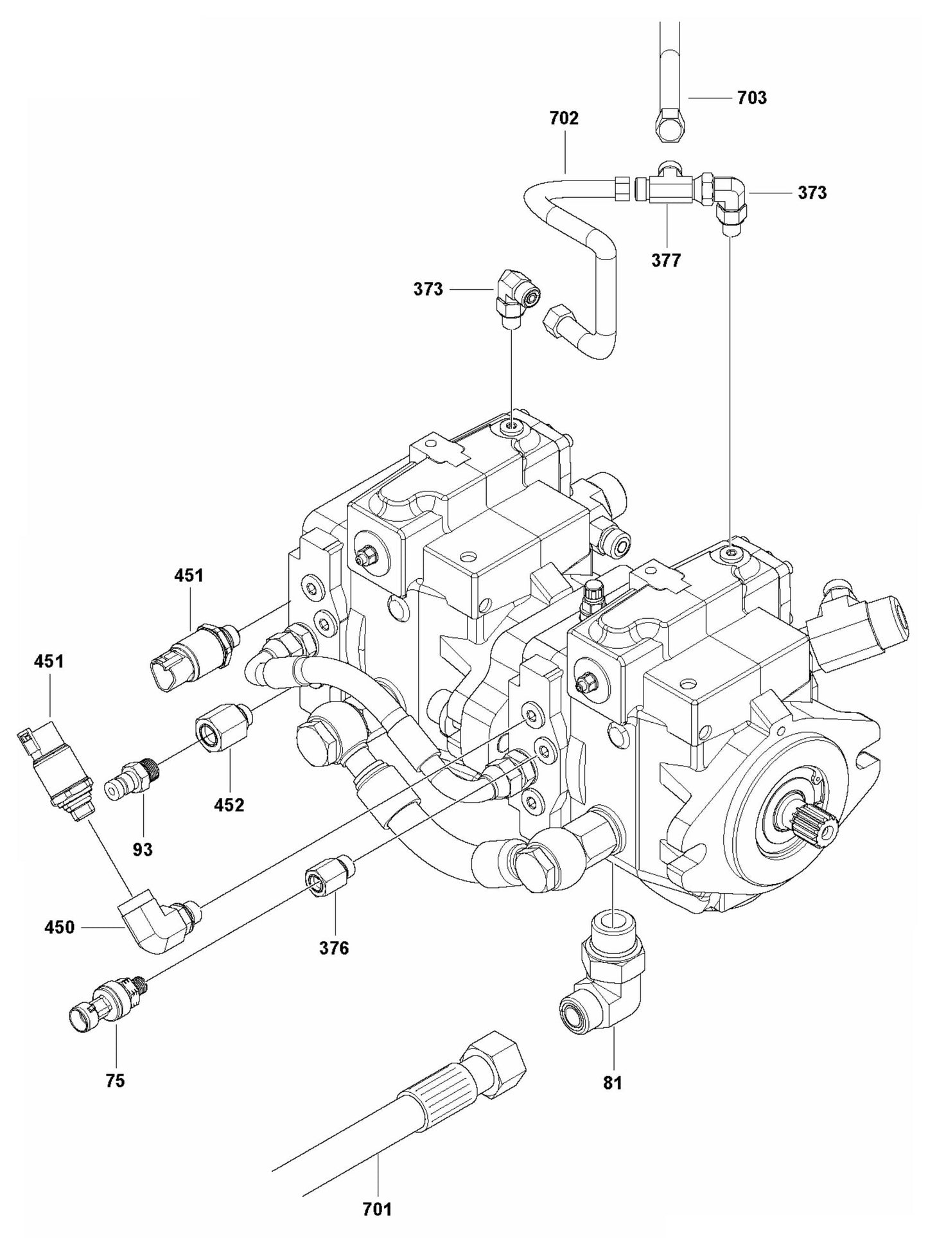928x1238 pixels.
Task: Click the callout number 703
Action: (x=752, y=98)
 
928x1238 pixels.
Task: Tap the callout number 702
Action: (x=564, y=118)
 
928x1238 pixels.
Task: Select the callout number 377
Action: (x=666, y=260)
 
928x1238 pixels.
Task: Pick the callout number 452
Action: (x=230, y=804)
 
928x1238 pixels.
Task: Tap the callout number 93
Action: (x=143, y=849)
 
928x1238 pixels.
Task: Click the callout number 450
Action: (x=60, y=927)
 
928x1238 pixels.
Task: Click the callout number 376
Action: (x=334, y=948)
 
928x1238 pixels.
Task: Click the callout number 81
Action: (x=613, y=1083)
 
